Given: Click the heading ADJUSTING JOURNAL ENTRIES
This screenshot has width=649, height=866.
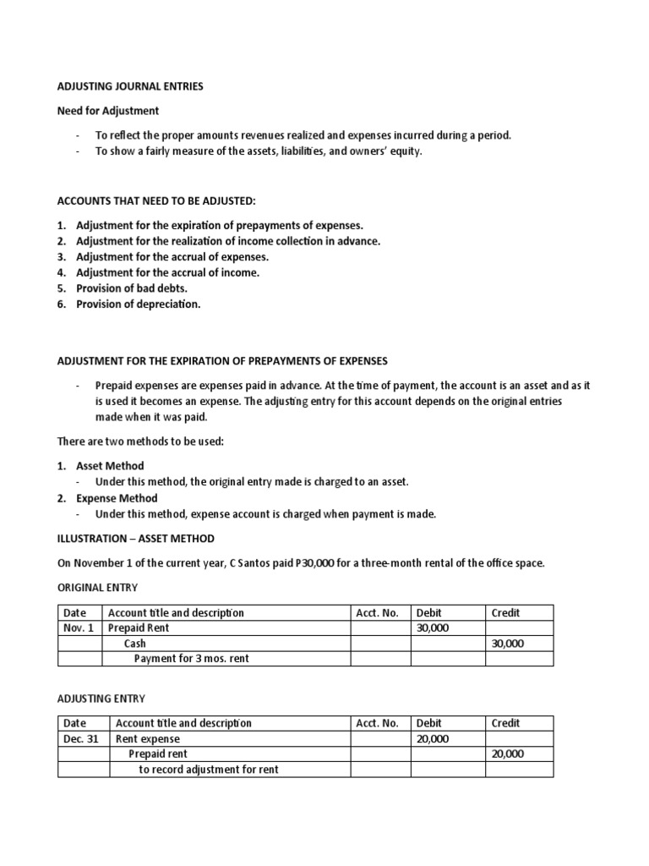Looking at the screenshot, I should [x=130, y=86].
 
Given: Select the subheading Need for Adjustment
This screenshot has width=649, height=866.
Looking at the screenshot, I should [x=107, y=111].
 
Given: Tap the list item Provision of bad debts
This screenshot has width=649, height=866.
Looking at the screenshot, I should [x=132, y=288].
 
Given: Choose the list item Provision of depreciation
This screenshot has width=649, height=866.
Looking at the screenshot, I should [x=139, y=304].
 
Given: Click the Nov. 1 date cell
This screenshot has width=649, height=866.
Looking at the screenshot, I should [x=78, y=628].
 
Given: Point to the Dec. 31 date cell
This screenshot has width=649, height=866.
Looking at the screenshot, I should [x=80, y=738].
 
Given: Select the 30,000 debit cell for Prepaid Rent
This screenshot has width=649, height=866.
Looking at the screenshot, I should [x=434, y=628].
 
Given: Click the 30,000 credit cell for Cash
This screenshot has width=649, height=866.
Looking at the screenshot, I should [x=507, y=643].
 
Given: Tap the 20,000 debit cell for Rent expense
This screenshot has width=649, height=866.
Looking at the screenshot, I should [x=433, y=738].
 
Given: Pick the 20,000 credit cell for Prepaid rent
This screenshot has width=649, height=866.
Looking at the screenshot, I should [x=507, y=754].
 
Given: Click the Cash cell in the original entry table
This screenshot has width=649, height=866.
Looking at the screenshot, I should [x=135, y=643].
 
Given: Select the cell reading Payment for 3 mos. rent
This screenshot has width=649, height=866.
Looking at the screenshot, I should [x=192, y=658].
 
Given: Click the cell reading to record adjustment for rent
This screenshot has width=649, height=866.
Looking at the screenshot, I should [x=209, y=769].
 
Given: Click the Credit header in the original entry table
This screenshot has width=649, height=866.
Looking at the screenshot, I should [x=505, y=612].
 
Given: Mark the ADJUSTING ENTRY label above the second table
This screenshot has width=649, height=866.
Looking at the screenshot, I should [x=101, y=699].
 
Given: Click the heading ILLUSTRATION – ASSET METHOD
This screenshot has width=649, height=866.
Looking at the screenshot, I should [x=135, y=539].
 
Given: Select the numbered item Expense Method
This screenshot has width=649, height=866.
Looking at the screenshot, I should [x=117, y=498].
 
